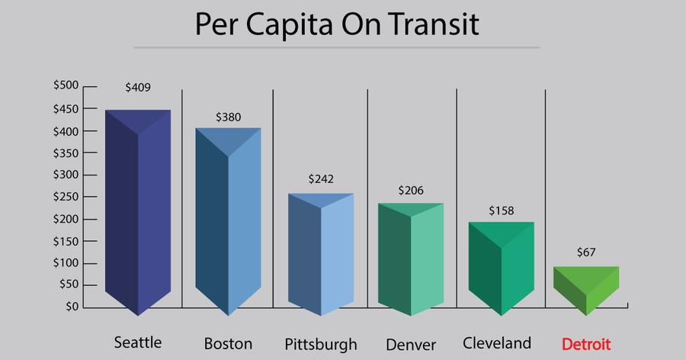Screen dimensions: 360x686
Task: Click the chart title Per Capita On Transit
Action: pyautogui.click(x=336, y=24)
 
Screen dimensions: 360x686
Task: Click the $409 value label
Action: pyautogui.click(x=138, y=87)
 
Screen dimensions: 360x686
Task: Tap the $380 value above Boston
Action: pyautogui.click(x=228, y=117)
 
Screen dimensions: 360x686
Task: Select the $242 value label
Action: pyautogui.click(x=321, y=178)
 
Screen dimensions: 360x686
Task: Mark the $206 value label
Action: pyautogui.click(x=411, y=191)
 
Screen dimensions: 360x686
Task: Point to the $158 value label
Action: pyautogui.click(x=501, y=210)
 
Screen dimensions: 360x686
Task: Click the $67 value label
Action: pyautogui.click(x=586, y=252)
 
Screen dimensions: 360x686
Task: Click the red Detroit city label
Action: pyautogui.click(x=585, y=343)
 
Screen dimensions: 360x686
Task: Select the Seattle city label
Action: pyautogui.click(x=137, y=342)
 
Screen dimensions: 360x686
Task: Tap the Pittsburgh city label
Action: pyautogui.click(x=320, y=344)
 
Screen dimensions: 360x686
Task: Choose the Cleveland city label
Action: pyautogui.click(x=497, y=342)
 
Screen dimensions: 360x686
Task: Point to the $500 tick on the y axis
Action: pyautogui.click(x=66, y=86)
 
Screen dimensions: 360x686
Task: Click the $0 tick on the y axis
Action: pyautogui.click(x=71, y=307)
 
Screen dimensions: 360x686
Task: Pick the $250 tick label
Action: pyautogui.click(x=66, y=197)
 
